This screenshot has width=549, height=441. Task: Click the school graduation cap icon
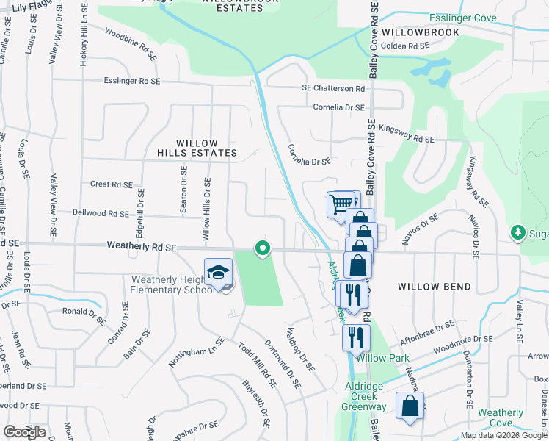(x=218, y=273)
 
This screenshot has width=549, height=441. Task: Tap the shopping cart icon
(x=340, y=204)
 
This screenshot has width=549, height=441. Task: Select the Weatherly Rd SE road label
(x=141, y=248)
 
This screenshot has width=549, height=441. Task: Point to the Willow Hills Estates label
(x=197, y=148)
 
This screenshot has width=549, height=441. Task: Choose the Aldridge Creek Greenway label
(x=364, y=396)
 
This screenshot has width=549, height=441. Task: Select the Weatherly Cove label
(x=501, y=417)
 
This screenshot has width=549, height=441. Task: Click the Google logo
(x=24, y=432)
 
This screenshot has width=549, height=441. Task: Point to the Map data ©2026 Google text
(x=503, y=435)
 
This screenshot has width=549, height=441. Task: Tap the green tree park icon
(x=519, y=233)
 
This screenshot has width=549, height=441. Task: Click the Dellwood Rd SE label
(x=101, y=213)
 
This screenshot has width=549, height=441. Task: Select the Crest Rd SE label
(x=111, y=184)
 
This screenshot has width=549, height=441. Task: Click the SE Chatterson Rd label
(x=333, y=88)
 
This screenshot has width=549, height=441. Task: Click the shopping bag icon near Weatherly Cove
(x=410, y=405)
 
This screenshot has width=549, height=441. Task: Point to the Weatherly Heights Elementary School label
(x=173, y=284)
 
